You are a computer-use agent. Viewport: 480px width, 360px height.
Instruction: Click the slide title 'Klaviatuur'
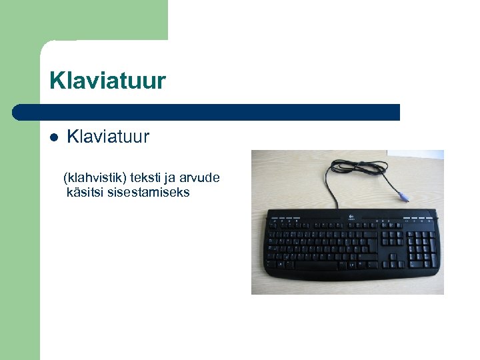(x=107, y=81)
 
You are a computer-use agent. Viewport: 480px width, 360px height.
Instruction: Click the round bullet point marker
(x=55, y=137)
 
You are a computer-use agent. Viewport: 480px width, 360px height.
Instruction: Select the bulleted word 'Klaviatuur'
(x=108, y=137)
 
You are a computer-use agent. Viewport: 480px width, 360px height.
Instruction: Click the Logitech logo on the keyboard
(x=349, y=215)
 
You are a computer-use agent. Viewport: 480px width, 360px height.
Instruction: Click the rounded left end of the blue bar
(x=20, y=112)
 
